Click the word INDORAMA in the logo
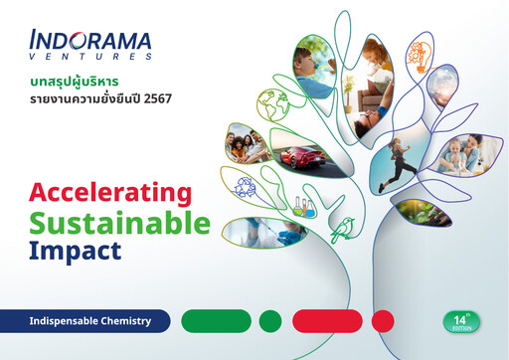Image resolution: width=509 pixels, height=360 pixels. coord(90,42)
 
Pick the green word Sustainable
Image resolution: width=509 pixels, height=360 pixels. coord(120,221)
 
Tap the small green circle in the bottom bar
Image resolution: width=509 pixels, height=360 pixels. coord(270,321)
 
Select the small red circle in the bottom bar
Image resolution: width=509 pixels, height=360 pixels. coord(383,321)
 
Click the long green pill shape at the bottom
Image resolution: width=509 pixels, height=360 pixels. coord(217,321)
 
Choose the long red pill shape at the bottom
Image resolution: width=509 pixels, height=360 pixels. coord(326,321)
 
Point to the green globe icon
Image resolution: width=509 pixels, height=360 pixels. coord(271,103)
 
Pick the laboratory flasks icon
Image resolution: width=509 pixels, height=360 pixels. coord(305,207)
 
